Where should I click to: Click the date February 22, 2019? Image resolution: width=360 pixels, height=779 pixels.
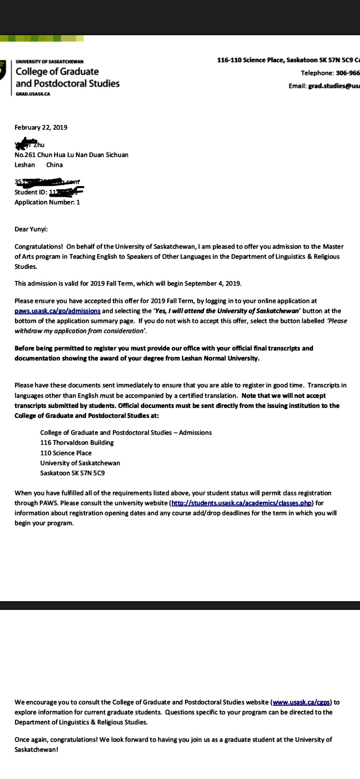[x=41, y=127]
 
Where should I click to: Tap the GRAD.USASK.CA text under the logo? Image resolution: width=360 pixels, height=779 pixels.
[x=33, y=94]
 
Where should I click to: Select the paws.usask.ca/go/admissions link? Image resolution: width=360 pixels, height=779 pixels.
[x=57, y=311]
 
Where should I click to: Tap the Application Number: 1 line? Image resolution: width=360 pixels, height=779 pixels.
[x=47, y=202]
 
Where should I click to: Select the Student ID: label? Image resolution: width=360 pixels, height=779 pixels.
[x=31, y=192]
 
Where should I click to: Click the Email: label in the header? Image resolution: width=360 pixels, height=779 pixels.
[x=297, y=86]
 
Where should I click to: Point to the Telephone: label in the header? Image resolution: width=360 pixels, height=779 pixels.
[x=317, y=73]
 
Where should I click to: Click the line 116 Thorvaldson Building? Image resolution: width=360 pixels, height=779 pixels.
[x=77, y=443]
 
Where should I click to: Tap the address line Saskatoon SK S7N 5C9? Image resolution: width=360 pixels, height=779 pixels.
[x=73, y=473]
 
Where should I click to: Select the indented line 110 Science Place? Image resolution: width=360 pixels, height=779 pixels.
[x=66, y=453]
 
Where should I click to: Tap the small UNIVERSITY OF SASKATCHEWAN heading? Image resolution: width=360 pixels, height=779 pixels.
[x=50, y=62]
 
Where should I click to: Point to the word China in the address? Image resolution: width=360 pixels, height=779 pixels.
[x=54, y=165]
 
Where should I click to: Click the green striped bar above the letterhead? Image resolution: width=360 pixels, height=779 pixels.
[x=42, y=39]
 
